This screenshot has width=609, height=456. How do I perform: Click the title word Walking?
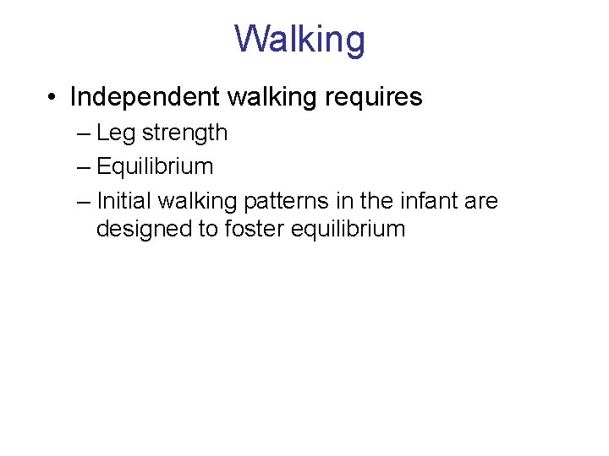tap(300, 39)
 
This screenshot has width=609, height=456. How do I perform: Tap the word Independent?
tap(145, 97)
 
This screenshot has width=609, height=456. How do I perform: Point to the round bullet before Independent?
tap(52, 98)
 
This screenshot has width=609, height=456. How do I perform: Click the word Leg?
tap(115, 133)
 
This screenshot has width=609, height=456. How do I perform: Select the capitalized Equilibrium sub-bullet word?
tap(155, 167)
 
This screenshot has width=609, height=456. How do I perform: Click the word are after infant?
tap(481, 201)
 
